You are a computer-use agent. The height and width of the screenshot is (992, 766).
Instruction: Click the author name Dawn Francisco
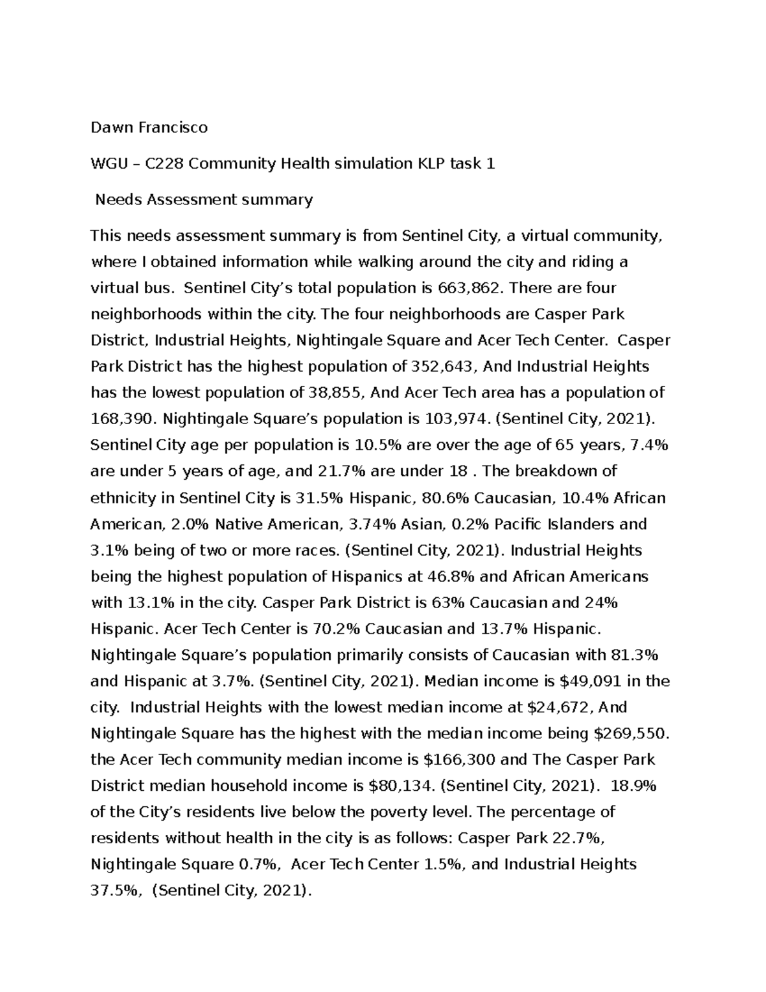coord(149,128)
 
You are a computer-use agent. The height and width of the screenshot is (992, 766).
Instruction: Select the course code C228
coord(165,164)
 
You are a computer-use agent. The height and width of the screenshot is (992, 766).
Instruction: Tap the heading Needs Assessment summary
coord(204,200)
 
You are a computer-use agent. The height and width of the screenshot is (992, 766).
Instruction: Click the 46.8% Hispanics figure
coord(451,577)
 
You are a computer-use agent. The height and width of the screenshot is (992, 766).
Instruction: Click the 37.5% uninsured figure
coord(116,891)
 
